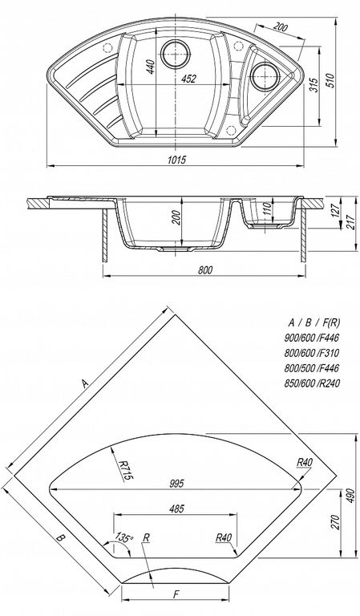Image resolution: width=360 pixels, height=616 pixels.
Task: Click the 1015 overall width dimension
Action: pyautogui.click(x=176, y=160)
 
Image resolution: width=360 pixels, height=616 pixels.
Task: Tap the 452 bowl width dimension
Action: pyautogui.click(x=188, y=79)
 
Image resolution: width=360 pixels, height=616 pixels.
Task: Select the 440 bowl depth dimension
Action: pyautogui.click(x=151, y=67)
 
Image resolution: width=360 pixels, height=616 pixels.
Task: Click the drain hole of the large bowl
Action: pyautogui.click(x=175, y=52)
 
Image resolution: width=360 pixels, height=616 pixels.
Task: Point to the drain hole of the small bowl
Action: pyautogui.click(x=264, y=75)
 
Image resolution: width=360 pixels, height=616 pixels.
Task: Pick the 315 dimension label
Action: pyautogui.click(x=313, y=84)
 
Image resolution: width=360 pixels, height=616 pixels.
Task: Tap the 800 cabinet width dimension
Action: pyautogui.click(x=205, y=269)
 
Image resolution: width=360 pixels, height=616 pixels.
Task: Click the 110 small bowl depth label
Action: pyautogui.click(x=267, y=209)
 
